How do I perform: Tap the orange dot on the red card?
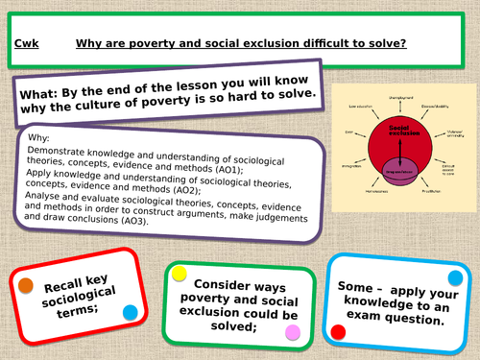click(25, 285)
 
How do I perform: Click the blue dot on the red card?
click(130, 311)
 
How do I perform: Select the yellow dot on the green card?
click(179, 274)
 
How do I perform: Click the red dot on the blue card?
click(337, 331)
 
